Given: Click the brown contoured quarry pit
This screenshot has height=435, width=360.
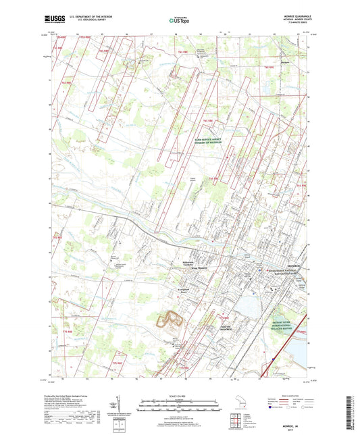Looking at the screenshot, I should click(173, 319).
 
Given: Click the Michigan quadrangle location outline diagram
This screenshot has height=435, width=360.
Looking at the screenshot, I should click(242, 404).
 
